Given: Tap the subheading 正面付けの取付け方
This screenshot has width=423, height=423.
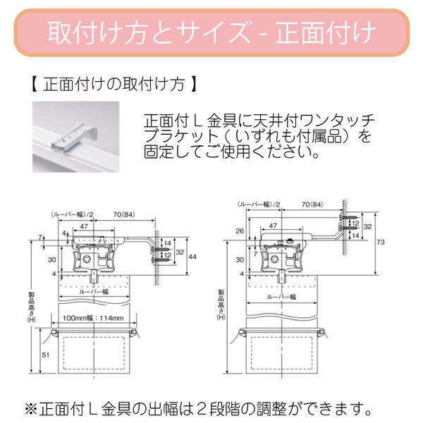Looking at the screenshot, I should pos(113,86).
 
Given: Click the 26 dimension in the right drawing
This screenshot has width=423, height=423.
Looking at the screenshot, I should pos(239,231).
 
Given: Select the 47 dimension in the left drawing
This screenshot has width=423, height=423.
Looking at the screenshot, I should pos(84,227).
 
